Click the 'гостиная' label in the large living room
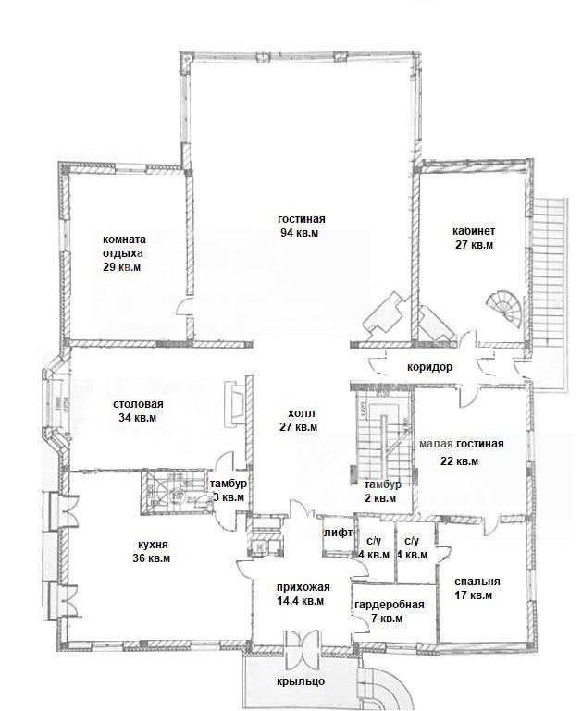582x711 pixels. click(x=302, y=219)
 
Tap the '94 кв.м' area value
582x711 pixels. click(x=300, y=233)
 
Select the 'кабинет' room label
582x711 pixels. click(x=474, y=231)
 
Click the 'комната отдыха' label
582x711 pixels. click(x=124, y=246)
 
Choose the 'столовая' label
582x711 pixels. click(x=138, y=403)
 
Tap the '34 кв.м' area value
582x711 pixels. click(x=138, y=418)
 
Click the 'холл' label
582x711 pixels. click(x=302, y=413)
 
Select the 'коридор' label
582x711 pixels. click(x=429, y=367)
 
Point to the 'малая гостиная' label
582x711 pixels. click(x=462, y=444)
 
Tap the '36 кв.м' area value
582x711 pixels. click(x=152, y=558)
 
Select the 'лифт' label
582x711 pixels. click(x=338, y=533)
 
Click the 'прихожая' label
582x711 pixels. click(x=303, y=587)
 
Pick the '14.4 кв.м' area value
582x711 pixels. click(x=302, y=601)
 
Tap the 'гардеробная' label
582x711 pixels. click(x=390, y=605)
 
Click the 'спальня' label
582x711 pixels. click(x=477, y=582)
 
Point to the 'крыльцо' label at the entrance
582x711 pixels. click(x=301, y=681)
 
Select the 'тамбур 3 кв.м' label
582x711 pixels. click(x=229, y=490)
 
